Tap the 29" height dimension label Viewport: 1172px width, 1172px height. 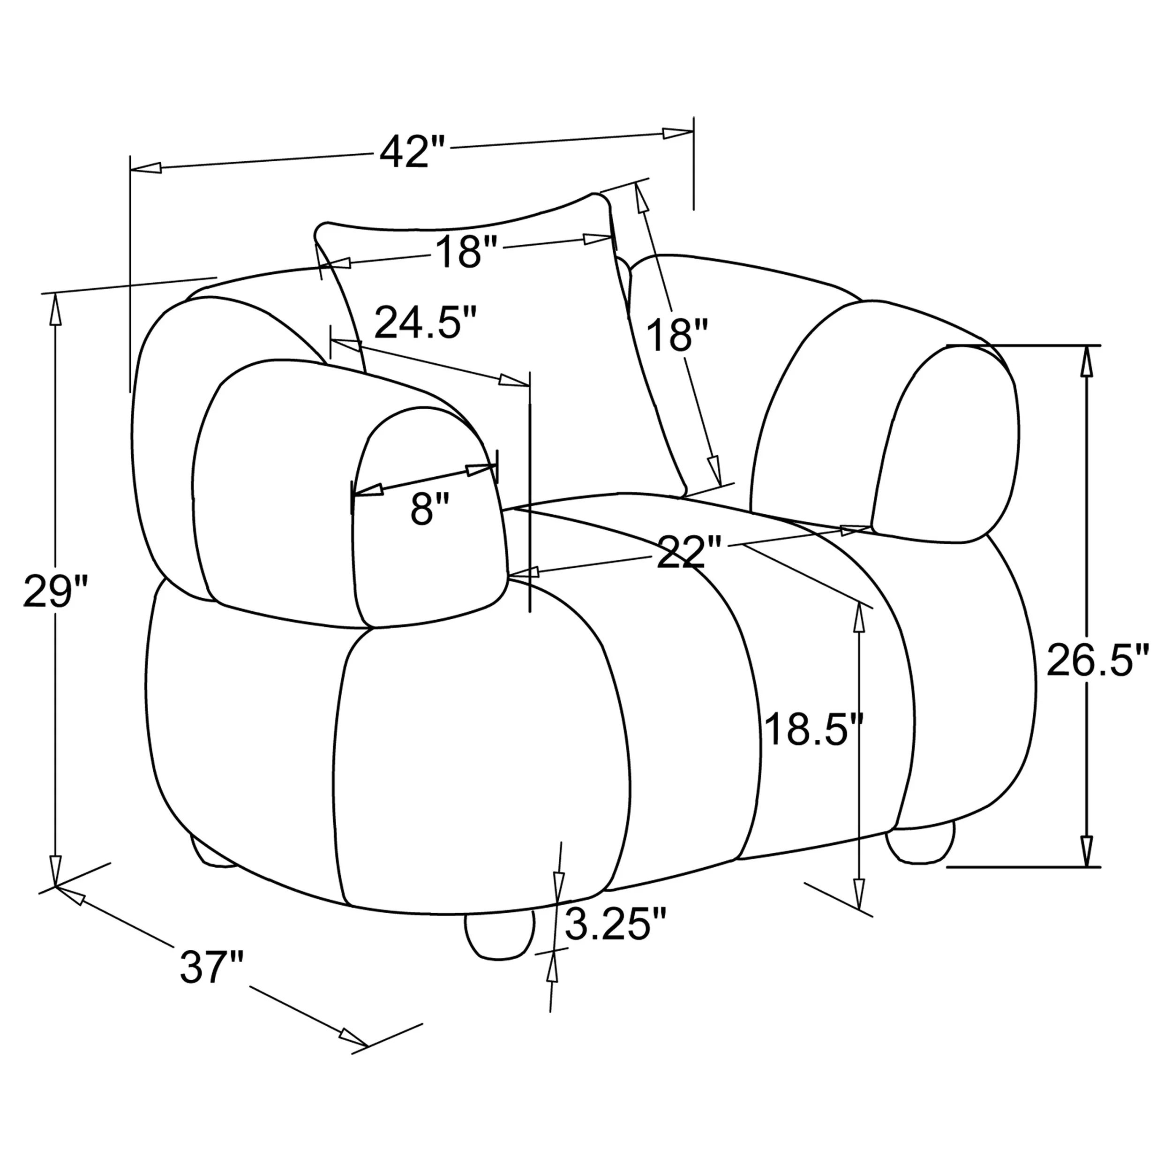click(x=56, y=592)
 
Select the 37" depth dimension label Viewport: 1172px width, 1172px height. click(x=212, y=967)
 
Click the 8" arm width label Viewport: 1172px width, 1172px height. click(x=429, y=509)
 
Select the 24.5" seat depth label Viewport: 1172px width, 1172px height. click(x=425, y=322)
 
